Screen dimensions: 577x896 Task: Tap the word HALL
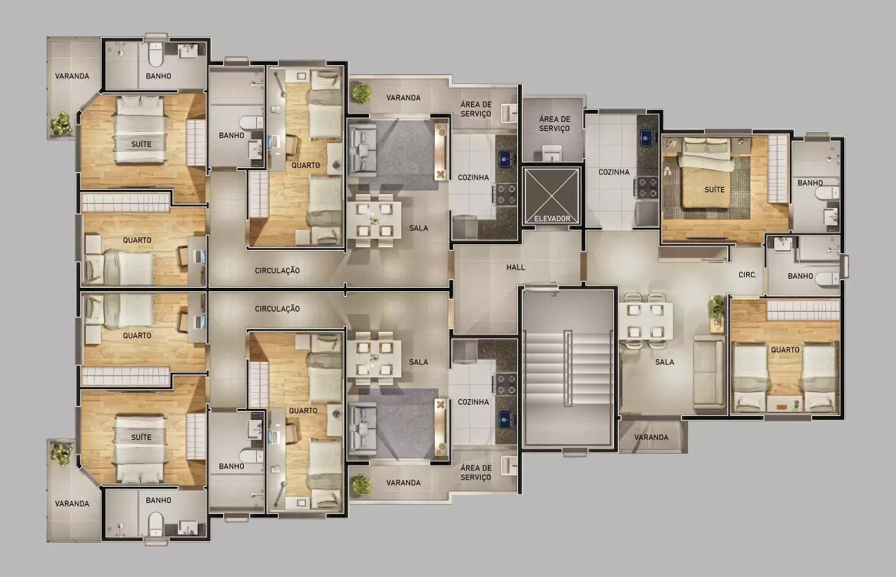(516, 267)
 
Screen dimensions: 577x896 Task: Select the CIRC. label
(748, 275)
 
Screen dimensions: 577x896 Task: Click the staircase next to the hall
(568, 368)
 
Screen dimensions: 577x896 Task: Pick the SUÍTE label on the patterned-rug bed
(715, 190)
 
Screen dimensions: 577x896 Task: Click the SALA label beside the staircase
(664, 362)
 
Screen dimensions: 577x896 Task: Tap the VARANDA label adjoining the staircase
(651, 438)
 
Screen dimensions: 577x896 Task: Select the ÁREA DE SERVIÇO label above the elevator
(554, 124)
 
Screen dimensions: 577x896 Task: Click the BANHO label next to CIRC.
(800, 276)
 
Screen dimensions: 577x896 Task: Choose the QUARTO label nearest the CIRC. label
(785, 349)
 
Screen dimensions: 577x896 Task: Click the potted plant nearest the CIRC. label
(716, 307)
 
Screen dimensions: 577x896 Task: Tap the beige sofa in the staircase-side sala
(708, 371)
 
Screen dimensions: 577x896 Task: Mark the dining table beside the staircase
(645, 320)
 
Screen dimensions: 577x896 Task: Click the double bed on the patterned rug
(707, 175)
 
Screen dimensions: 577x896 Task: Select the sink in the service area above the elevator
(553, 151)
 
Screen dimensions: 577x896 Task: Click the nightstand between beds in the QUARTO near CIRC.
(785, 403)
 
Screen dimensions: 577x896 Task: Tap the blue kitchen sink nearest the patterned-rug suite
(645, 137)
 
